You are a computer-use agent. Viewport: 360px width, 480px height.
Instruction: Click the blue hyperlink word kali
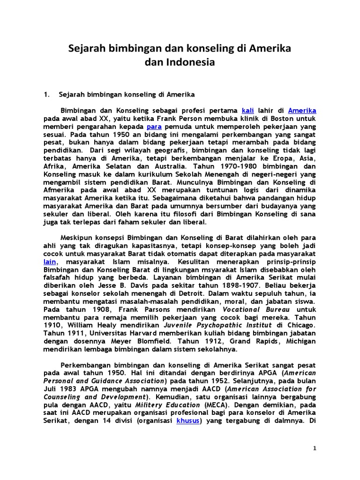pyautogui.click(x=247, y=110)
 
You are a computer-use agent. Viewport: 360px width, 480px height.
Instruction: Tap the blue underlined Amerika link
pyautogui.click(x=302, y=110)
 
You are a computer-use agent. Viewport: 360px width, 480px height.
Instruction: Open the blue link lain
pyautogui.click(x=50, y=262)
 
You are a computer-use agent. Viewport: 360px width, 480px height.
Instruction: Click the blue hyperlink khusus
pyautogui.click(x=188, y=421)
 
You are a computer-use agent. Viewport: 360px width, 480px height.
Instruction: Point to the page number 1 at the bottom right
pyautogui.click(x=315, y=448)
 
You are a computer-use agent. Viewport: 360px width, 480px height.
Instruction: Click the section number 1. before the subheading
pyautogui.click(x=46, y=94)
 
